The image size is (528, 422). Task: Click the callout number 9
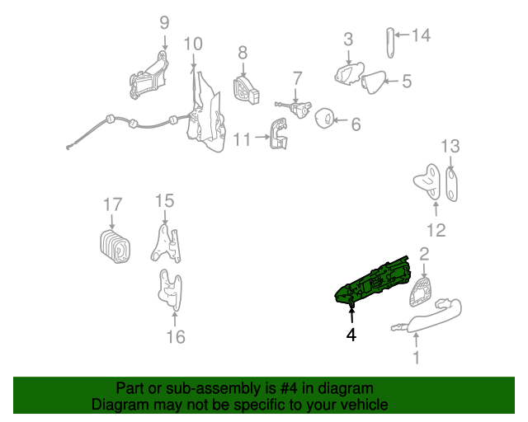point(163,23)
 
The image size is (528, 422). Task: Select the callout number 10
point(192,43)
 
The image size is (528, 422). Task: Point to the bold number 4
point(351,335)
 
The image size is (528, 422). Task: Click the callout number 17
point(112,204)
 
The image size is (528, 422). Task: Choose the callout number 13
point(449,147)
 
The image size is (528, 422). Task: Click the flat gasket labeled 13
point(451,184)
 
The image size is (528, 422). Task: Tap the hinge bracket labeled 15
point(165,243)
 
